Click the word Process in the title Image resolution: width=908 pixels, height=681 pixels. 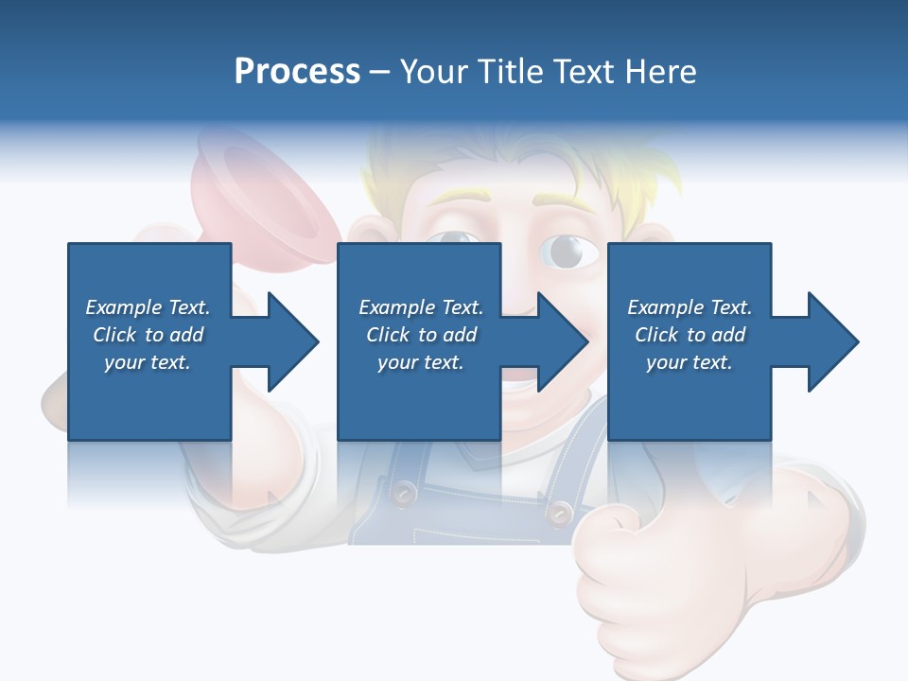click(x=297, y=72)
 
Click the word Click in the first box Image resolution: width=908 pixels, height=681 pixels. click(x=115, y=335)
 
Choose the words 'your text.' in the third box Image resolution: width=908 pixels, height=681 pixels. click(x=689, y=362)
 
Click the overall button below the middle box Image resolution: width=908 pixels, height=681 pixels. click(x=405, y=492)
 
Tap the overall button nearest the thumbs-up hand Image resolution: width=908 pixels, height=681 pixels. click(x=561, y=512)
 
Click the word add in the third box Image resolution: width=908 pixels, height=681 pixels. click(x=728, y=335)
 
